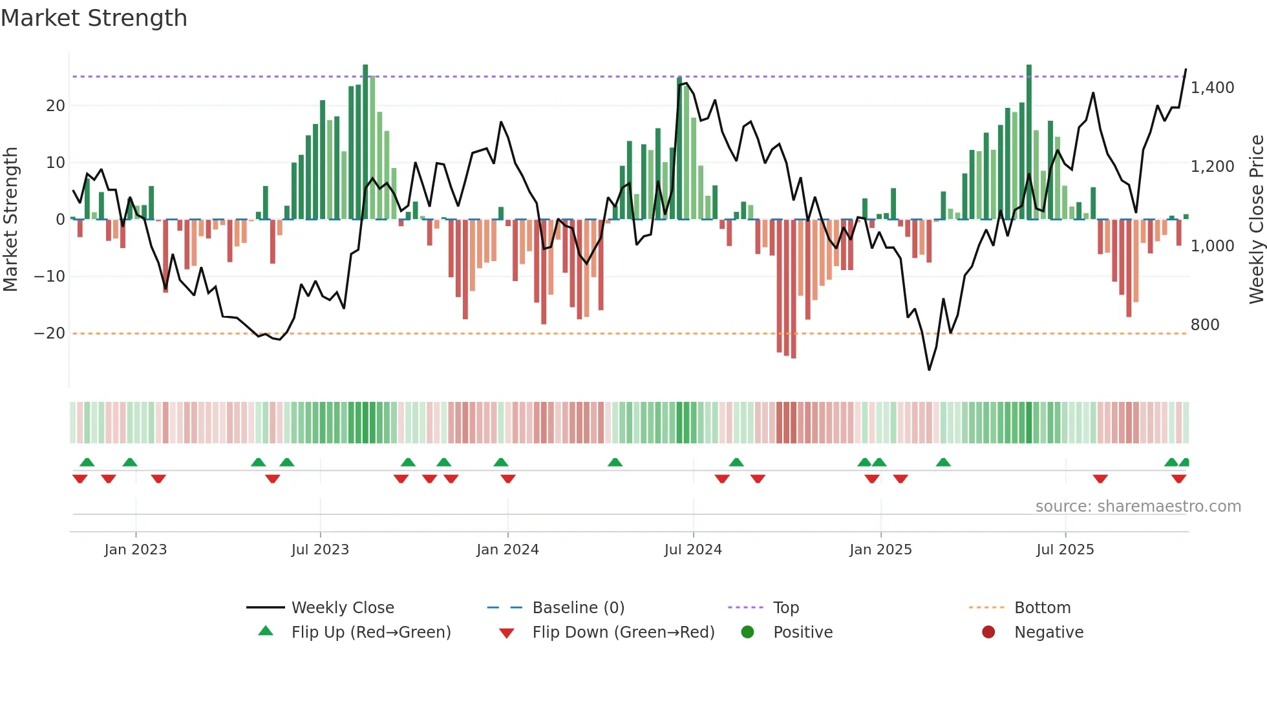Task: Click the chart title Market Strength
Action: [x=94, y=18]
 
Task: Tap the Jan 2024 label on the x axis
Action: [x=507, y=550]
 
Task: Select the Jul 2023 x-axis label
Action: [x=320, y=550]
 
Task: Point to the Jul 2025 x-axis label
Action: [x=1065, y=550]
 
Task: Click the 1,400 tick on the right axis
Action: [x=1212, y=88]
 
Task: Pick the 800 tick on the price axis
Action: [x=1204, y=325]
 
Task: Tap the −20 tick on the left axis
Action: [x=50, y=333]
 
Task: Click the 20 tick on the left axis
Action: [x=56, y=106]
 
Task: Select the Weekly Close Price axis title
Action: [x=1256, y=220]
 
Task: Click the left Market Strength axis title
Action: [x=10, y=220]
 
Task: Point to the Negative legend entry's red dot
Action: [x=988, y=633]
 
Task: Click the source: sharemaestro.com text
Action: [x=1138, y=507]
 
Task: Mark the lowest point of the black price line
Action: [x=929, y=370]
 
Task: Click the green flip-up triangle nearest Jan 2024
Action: [x=501, y=462]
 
